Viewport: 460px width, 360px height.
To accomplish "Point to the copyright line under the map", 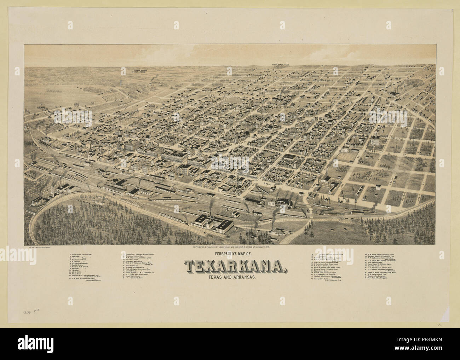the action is click(229, 248).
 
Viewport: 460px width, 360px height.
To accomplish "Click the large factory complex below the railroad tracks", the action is click(212, 222).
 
